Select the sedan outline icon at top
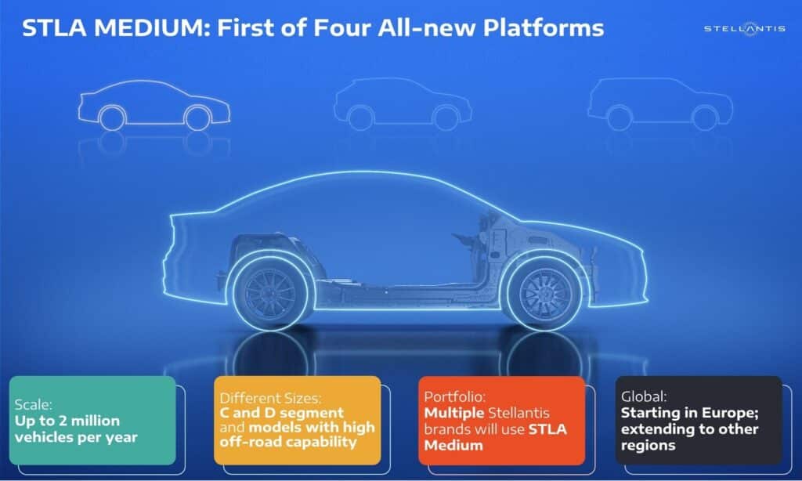(154, 105)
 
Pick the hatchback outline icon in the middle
(403, 105)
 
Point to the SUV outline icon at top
(659, 105)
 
